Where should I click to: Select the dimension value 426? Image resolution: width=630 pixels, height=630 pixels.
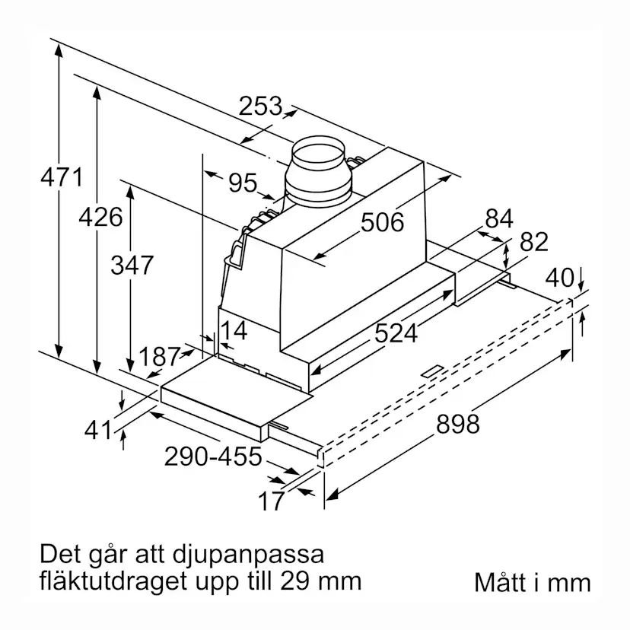pyautogui.click(x=100, y=217)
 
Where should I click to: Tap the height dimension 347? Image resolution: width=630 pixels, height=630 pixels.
pyautogui.click(x=132, y=266)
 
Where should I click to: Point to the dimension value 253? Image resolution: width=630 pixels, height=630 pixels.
pyautogui.click(x=260, y=106)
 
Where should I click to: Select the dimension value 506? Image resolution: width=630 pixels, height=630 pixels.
pyautogui.click(x=382, y=222)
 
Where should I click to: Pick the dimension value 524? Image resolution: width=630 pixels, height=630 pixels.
pyautogui.click(x=396, y=332)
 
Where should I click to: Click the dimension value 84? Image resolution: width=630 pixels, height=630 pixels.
pyautogui.click(x=499, y=218)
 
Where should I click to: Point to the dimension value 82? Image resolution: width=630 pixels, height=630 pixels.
pyautogui.click(x=533, y=242)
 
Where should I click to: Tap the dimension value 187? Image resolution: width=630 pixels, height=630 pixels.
pyautogui.click(x=161, y=356)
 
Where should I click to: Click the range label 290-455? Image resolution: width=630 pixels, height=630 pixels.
pyautogui.click(x=212, y=457)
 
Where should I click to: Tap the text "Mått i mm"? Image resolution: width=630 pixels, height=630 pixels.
pyautogui.click(x=532, y=583)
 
